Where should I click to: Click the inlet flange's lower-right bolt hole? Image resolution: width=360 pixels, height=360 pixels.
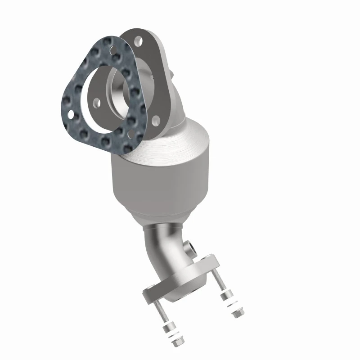(x=155, y=119)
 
